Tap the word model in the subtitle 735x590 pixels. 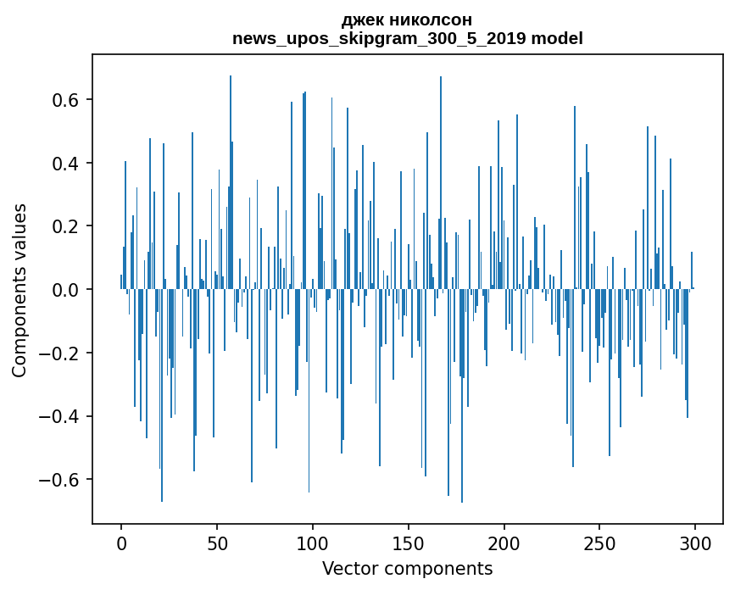coord(557,39)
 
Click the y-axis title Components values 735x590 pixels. coord(19,290)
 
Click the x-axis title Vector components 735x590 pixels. coord(407,568)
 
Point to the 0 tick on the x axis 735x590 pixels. coord(121,543)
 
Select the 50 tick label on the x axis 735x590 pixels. coord(217,543)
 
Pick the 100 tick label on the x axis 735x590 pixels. coord(313,543)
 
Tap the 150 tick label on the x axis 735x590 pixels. coord(409,543)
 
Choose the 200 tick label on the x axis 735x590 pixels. coord(504,543)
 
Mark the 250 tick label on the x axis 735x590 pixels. coord(600,543)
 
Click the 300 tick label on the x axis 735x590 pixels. coord(696,543)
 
